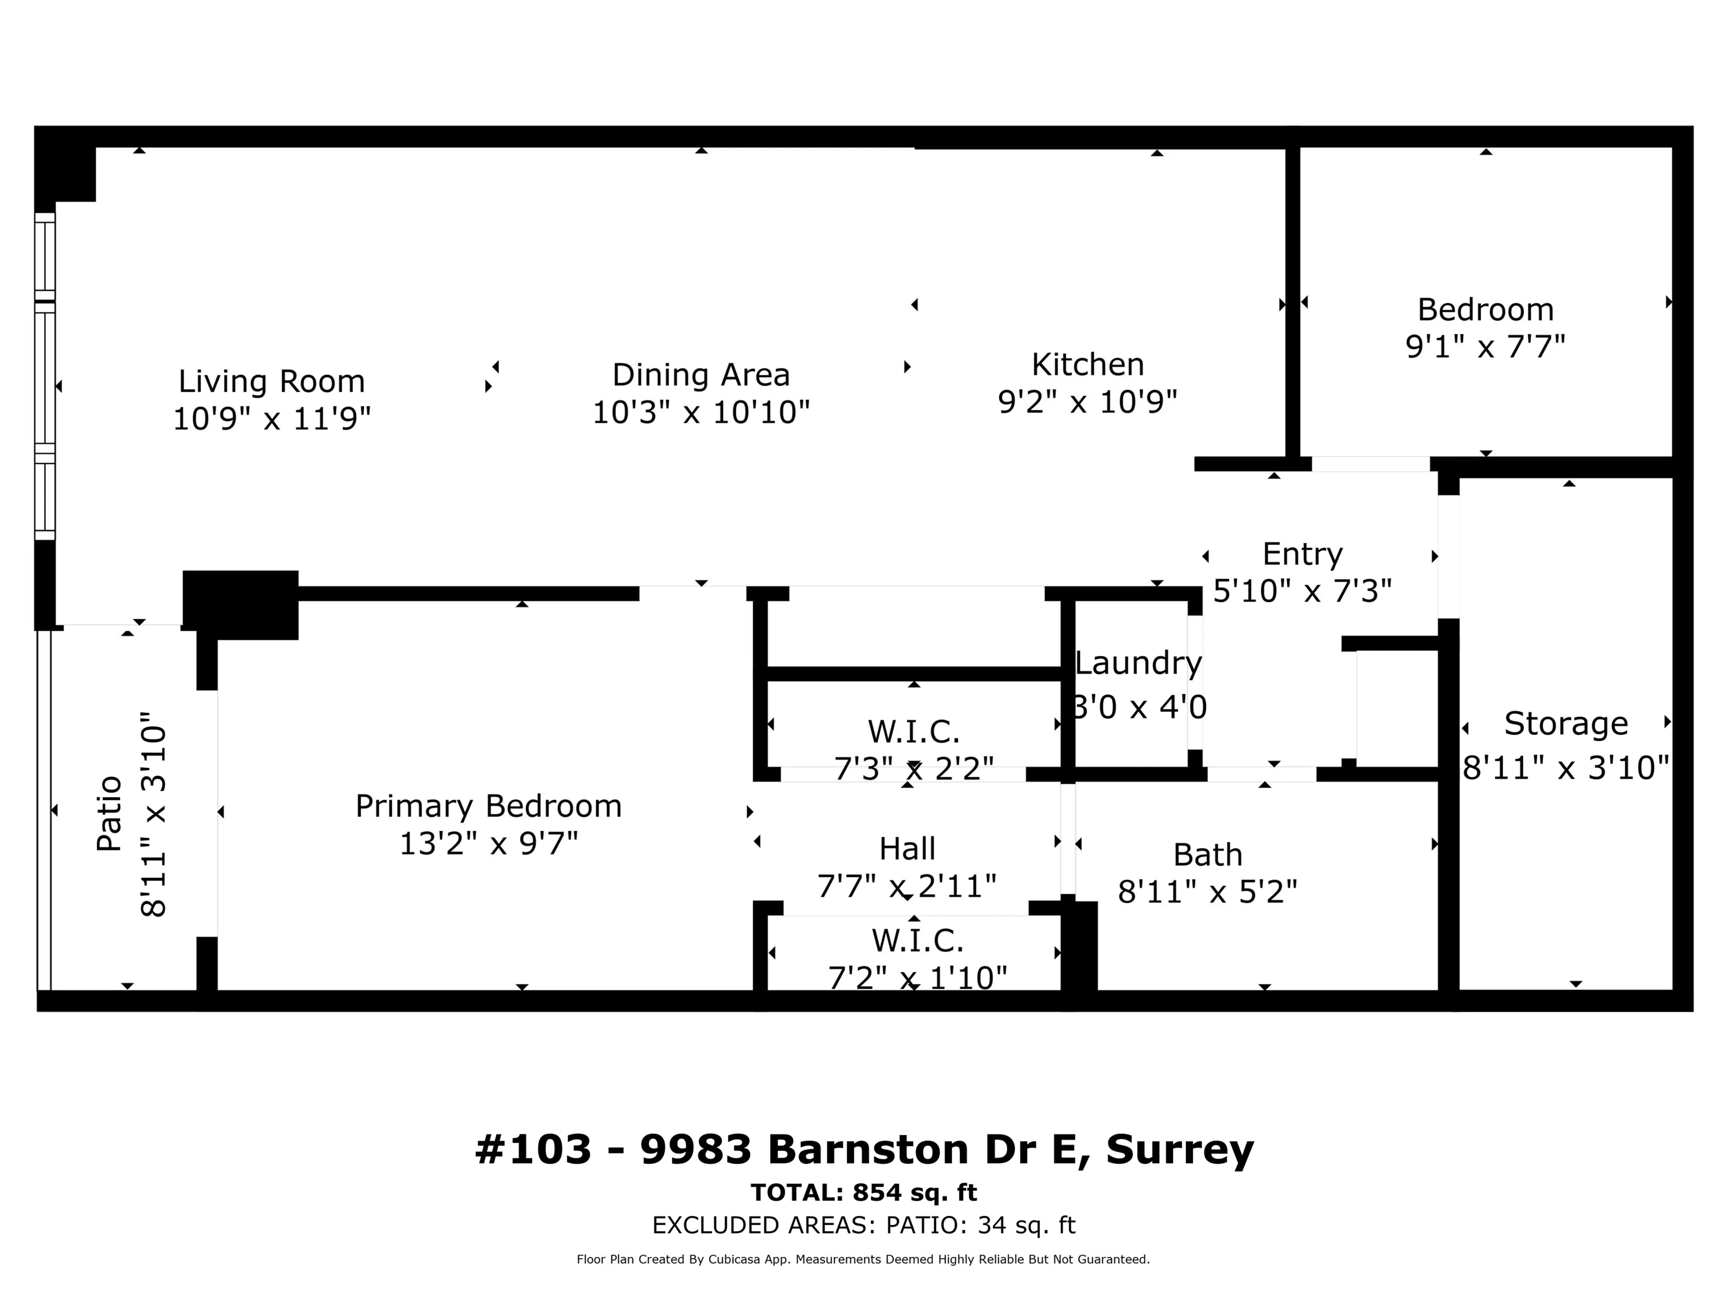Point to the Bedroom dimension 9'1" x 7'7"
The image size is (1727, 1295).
[x=1485, y=346]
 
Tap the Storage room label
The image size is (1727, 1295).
[x=1566, y=723]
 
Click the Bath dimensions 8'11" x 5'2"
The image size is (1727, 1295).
[x=1207, y=891]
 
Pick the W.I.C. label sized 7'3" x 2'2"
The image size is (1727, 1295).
[x=913, y=732]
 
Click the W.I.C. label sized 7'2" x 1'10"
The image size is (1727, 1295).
[x=917, y=941]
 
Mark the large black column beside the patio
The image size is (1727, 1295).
[x=241, y=604]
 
